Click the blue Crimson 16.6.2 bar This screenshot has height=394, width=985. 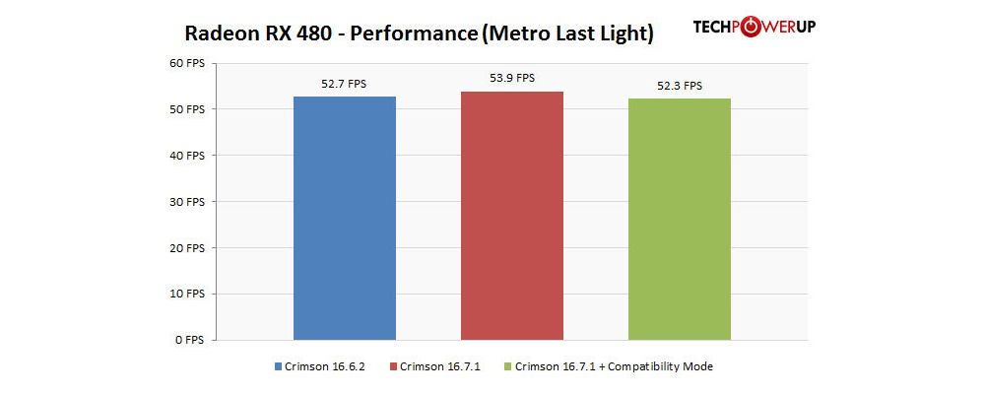(345, 218)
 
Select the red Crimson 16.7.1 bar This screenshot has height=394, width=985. (512, 216)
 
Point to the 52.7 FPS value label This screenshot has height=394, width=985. (344, 85)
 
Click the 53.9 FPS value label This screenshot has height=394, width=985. (512, 79)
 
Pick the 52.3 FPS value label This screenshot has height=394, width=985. (680, 86)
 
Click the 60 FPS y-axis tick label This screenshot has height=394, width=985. (185, 63)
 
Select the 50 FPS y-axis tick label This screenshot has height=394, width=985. (185, 109)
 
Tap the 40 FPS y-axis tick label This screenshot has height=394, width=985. (185, 156)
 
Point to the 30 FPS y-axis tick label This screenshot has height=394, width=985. (185, 202)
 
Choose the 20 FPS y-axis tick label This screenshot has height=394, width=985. (185, 247)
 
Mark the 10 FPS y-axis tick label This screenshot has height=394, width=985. (185, 294)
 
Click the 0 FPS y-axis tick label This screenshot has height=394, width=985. (188, 340)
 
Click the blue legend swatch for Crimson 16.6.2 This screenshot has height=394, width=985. (279, 367)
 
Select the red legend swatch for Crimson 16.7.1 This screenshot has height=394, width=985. (394, 367)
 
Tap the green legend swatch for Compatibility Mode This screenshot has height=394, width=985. (508, 367)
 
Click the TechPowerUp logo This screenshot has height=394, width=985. (754, 27)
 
